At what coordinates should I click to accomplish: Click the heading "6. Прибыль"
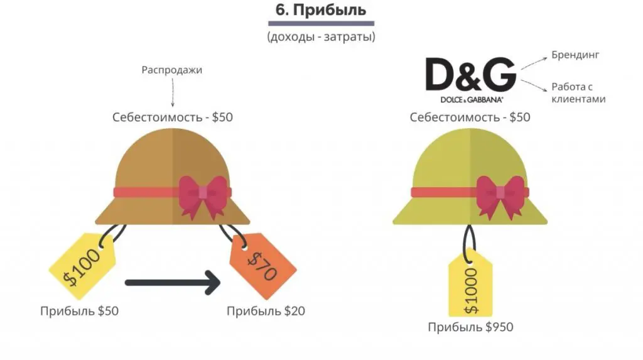coord(320,11)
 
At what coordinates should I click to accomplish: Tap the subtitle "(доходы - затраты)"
coord(321,37)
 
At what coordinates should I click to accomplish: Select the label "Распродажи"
coord(172,70)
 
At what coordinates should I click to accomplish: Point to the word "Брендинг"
coord(575,55)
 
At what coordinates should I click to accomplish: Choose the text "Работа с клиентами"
coord(578,93)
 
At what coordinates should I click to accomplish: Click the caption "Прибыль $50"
coord(79,311)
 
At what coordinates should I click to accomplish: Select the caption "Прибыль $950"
coord(470,327)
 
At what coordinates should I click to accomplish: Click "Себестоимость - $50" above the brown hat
coord(172,117)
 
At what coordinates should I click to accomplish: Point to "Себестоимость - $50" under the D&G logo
coord(470,117)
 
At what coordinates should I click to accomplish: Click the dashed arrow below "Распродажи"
coord(172,93)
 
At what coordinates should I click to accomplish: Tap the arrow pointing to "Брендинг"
coord(533,62)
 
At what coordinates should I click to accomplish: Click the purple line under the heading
coord(321,24)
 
